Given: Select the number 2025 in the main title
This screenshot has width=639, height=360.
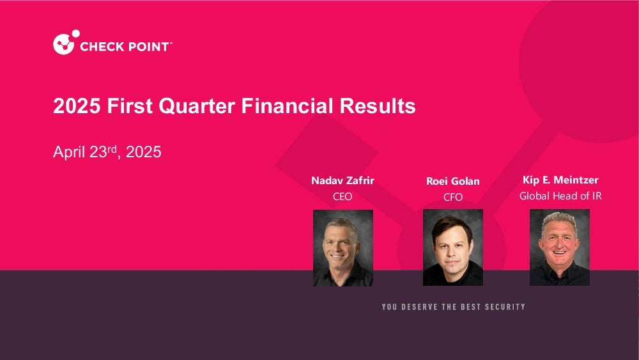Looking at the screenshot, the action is click(x=77, y=106).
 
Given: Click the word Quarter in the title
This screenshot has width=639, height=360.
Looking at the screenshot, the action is click(x=197, y=106).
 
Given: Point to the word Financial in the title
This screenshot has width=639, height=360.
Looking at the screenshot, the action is click(x=288, y=106).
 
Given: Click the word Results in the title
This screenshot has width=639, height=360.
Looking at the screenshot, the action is click(x=378, y=106).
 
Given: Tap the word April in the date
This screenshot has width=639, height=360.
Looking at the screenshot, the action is click(x=69, y=152).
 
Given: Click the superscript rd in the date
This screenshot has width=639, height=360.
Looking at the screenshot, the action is click(x=112, y=149).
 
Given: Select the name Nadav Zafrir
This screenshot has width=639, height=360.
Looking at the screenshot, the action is click(x=343, y=180).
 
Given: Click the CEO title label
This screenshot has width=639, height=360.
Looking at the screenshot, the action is click(x=343, y=196).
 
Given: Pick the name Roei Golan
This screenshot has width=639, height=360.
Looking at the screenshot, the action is click(x=453, y=181).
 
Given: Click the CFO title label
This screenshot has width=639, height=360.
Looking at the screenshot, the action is click(x=453, y=198).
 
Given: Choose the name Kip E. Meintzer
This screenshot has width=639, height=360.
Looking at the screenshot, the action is click(x=560, y=180).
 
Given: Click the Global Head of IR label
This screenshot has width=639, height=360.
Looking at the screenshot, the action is click(x=560, y=196).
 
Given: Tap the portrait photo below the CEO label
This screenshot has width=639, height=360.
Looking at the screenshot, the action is click(x=343, y=248).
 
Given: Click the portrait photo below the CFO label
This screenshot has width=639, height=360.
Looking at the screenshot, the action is click(x=453, y=247).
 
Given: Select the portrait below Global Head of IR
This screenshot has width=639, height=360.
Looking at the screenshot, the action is click(x=560, y=247).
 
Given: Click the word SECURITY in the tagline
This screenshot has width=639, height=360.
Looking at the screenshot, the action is click(x=505, y=307).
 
